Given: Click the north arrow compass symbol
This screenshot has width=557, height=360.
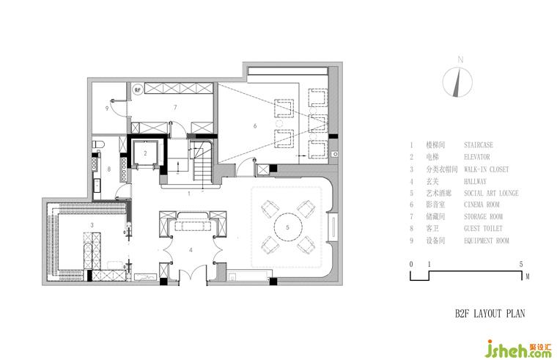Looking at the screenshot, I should pyautogui.click(x=460, y=81).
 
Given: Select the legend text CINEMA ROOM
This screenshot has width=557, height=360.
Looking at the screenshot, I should pyautogui.click(x=484, y=205).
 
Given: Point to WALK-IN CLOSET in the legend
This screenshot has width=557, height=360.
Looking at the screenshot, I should pyautogui.click(x=487, y=169).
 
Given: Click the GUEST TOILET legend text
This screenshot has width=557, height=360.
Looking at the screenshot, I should pyautogui.click(x=484, y=229).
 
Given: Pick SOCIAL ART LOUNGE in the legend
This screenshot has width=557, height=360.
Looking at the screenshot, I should pyautogui.click(x=491, y=194).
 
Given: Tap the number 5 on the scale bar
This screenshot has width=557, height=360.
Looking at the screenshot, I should pyautogui.click(x=520, y=263).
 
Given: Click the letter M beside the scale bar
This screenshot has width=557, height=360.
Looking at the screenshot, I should pyautogui.click(x=526, y=277).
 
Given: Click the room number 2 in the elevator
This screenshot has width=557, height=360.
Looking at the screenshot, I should pyautogui.click(x=146, y=153).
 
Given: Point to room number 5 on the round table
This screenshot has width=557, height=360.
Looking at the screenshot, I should pyautogui.click(x=287, y=228).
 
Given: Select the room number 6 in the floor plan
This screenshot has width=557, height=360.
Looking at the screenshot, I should pyautogui.click(x=255, y=126).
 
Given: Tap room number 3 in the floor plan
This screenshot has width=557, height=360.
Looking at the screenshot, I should pyautogui.click(x=92, y=224).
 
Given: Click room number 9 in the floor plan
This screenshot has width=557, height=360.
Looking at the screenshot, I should pyautogui.click(x=107, y=109).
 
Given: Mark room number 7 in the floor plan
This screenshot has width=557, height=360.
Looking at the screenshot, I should pyautogui.click(x=175, y=108).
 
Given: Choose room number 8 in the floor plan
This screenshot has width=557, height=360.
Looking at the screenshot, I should pyautogui.click(x=110, y=169).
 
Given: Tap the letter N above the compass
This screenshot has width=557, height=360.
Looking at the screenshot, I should pyautogui.click(x=460, y=59).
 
